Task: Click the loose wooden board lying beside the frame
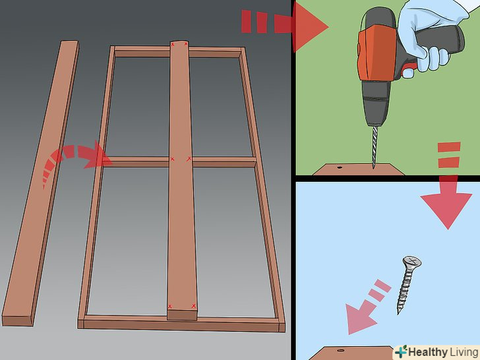[x=40, y=184]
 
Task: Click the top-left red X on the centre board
[x=173, y=45]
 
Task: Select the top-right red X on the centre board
[x=186, y=44]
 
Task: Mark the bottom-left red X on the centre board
[x=170, y=307]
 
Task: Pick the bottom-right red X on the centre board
[x=193, y=306]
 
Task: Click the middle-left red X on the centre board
[x=172, y=159]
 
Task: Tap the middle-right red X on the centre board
[x=189, y=158]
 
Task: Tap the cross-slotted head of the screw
[x=412, y=262]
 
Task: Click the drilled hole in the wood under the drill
[x=339, y=167]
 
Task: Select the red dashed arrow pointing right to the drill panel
[x=285, y=26]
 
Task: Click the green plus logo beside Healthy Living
[x=401, y=351]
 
